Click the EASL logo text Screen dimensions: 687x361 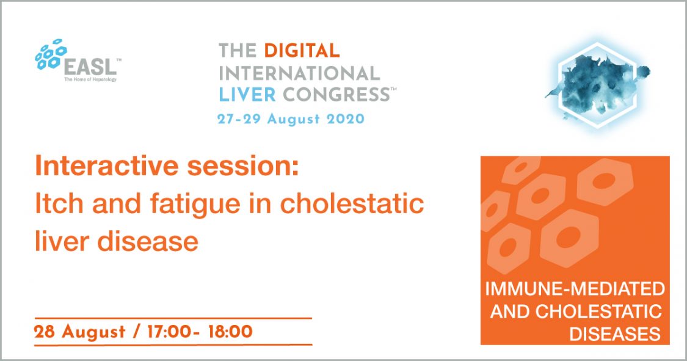(91, 67)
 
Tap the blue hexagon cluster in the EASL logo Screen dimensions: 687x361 (51, 54)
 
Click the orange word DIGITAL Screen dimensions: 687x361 (302, 51)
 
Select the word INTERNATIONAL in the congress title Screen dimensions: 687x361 (299, 73)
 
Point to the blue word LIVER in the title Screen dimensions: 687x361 (247, 94)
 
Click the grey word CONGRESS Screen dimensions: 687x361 (336, 94)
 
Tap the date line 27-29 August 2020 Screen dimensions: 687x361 (291, 119)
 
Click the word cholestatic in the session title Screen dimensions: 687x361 (351, 204)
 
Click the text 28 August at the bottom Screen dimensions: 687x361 (80, 332)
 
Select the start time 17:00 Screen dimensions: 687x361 (170, 331)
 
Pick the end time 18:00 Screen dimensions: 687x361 (230, 331)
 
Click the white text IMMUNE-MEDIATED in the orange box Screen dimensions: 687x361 (575, 289)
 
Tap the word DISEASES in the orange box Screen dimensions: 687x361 (615, 334)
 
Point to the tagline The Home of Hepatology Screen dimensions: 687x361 (91, 79)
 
